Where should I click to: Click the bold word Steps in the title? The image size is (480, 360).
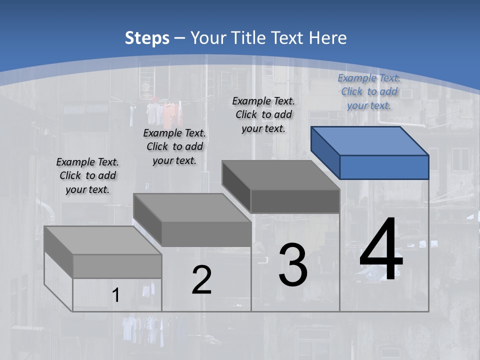(147, 38)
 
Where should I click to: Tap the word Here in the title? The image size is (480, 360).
(328, 38)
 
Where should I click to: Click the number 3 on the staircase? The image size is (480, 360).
(293, 265)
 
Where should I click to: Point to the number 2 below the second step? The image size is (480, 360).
(201, 280)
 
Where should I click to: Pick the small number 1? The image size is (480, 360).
(116, 295)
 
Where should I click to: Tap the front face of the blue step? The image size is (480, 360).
(384, 167)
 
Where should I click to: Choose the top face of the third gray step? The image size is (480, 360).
(280, 175)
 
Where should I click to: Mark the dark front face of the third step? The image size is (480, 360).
(295, 201)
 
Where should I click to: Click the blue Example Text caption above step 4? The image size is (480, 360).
(369, 91)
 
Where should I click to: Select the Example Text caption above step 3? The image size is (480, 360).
(263, 114)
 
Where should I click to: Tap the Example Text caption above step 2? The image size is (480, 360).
(174, 146)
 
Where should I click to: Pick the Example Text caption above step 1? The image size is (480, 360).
(87, 175)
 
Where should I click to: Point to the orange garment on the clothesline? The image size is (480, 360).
(170, 113)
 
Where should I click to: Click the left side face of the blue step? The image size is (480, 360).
(325, 152)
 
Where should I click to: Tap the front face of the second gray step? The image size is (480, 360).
(206, 234)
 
